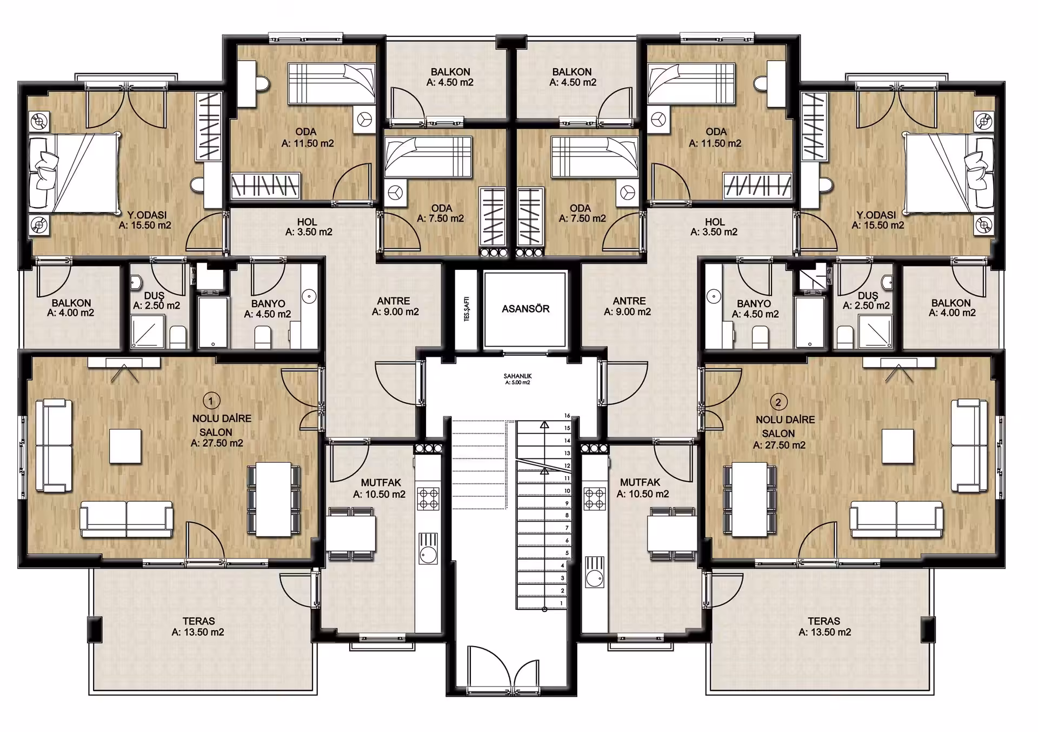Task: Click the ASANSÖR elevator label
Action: [525, 309]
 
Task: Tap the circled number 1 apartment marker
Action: [211, 401]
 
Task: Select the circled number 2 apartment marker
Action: [778, 402]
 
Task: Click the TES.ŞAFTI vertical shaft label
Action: [467, 309]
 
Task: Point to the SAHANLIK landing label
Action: [517, 376]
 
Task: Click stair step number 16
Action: [567, 416]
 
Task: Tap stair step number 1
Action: [562, 603]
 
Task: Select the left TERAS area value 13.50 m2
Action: [198, 632]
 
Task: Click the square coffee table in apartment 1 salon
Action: [125, 446]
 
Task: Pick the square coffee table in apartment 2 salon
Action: [898, 447]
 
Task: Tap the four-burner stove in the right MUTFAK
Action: [595, 499]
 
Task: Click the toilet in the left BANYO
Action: [263, 337]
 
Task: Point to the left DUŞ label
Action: [154, 296]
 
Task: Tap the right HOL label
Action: [715, 222]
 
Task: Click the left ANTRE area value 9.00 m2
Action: [395, 312]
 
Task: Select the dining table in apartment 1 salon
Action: [274, 497]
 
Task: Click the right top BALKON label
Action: [571, 71]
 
